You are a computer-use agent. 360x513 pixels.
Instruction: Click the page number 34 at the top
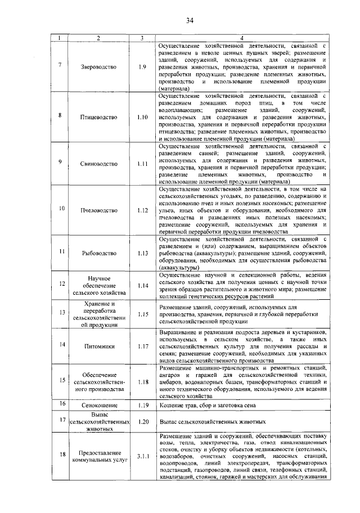tap(190, 21)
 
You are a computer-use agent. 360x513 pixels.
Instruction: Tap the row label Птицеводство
tap(98, 117)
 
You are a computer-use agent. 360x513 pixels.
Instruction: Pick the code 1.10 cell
tap(142, 117)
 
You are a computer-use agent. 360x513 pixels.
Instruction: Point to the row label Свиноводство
tap(98, 164)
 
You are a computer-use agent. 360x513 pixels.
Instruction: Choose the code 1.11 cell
tap(142, 164)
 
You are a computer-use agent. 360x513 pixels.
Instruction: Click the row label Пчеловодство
tap(98, 210)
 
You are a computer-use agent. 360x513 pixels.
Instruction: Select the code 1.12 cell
tap(142, 210)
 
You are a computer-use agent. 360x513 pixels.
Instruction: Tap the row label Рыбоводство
tap(98, 253)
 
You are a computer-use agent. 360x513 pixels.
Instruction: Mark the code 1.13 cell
tap(142, 253)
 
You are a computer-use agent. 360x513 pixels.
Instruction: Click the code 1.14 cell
tap(142, 285)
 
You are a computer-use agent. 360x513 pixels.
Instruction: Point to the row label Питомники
tap(98, 344)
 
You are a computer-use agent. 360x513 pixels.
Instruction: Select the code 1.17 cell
tap(142, 344)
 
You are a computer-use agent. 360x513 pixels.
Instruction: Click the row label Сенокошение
tap(98, 405)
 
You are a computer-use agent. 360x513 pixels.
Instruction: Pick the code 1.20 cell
tap(142, 421)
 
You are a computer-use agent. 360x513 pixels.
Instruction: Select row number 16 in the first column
tap(61, 404)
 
